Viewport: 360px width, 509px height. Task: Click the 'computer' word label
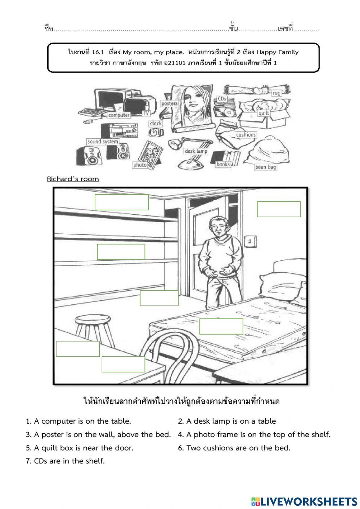click(119, 115)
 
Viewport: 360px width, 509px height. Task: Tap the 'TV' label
click(146, 113)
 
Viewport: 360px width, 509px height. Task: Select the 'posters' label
click(170, 103)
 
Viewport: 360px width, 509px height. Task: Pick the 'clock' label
click(156, 124)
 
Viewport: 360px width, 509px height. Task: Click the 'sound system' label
click(103, 142)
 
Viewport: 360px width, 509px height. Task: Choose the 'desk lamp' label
click(196, 151)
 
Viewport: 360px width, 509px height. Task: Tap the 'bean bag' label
click(266, 167)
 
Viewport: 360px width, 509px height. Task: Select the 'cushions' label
click(246, 135)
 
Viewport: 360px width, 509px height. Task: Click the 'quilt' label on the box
click(264, 113)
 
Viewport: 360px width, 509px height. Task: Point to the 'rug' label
click(276, 93)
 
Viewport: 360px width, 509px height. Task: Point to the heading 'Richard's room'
click(73, 179)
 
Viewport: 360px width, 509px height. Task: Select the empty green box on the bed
click(221, 326)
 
